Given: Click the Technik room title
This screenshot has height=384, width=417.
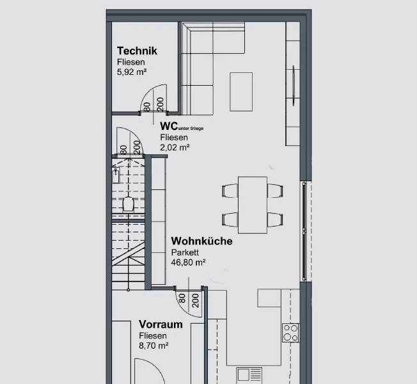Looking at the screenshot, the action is pyautogui.click(x=137, y=51).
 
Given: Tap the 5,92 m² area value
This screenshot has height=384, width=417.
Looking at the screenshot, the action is pyautogui.click(x=132, y=72).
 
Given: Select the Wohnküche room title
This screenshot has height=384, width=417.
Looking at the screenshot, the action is pyautogui.click(x=202, y=241).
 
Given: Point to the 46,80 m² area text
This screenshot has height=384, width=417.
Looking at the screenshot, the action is pyautogui.click(x=188, y=262).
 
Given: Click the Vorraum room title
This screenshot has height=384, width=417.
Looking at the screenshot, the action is pyautogui.click(x=161, y=324).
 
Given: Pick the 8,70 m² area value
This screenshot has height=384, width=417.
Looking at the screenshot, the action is pyautogui.click(x=153, y=346).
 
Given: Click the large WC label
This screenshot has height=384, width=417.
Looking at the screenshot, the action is pyautogui.click(x=169, y=126).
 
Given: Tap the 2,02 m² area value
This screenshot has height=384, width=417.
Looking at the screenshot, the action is pyautogui.click(x=175, y=147).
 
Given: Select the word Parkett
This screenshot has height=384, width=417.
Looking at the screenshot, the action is pyautogui.click(x=185, y=252).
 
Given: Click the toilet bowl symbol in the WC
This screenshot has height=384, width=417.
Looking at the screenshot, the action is pyautogui.click(x=128, y=204).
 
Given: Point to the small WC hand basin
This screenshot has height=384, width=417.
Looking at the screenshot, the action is pyautogui.click(x=116, y=175).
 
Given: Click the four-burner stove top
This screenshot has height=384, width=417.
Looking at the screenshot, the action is pyautogui.click(x=290, y=333).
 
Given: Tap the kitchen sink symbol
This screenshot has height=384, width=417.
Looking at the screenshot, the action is pyautogui.click(x=249, y=375).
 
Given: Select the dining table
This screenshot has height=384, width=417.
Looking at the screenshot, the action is pyautogui.click(x=253, y=205).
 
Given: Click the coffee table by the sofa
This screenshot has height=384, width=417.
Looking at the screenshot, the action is pyautogui.click(x=241, y=92).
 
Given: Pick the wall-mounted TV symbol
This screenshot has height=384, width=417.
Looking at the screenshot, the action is pyautogui.click(x=294, y=86).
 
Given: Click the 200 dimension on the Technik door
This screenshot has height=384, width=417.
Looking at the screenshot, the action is pyautogui.click(x=160, y=104).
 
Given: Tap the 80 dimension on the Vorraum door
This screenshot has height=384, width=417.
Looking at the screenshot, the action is pyautogui.click(x=182, y=298).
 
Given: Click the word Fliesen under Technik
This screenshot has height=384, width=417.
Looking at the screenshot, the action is pyautogui.click(x=131, y=62).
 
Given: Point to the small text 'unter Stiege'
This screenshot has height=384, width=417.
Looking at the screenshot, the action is pyautogui.click(x=191, y=129).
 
